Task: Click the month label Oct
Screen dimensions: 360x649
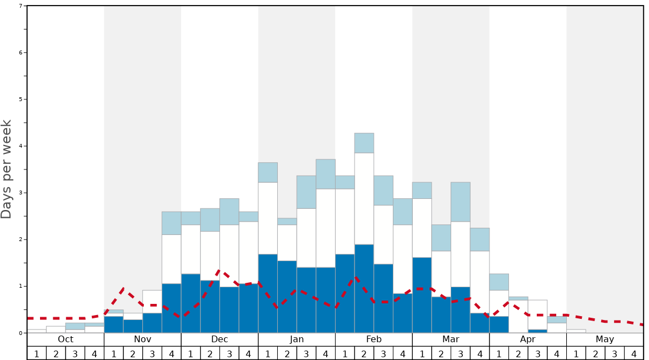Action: [66, 339]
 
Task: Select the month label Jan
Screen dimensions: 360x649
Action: [297, 339]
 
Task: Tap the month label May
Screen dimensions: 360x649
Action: [605, 339]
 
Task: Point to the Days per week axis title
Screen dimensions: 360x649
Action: [7, 169]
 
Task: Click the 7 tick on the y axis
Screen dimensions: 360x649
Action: [21, 6]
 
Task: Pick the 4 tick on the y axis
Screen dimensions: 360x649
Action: [21, 146]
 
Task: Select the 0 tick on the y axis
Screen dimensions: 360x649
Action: [21, 333]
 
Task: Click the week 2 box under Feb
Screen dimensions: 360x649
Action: [364, 353]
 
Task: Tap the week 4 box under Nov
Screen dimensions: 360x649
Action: [171, 353]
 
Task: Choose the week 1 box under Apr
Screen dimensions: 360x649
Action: [499, 353]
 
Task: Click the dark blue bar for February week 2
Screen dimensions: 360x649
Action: [364, 289]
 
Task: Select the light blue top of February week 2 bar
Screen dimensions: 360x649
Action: [364, 143]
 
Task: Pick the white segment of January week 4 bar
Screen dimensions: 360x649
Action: [326, 228]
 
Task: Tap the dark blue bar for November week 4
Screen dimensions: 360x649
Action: [171, 308]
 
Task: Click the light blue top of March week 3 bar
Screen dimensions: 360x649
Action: [460, 202]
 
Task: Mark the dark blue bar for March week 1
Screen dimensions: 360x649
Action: [422, 295]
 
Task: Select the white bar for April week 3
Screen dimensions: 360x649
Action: [537, 314]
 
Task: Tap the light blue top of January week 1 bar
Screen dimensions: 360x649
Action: [268, 172]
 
